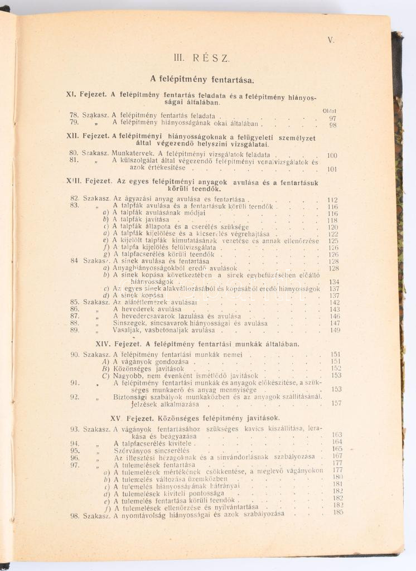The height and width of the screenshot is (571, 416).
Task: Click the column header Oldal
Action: pyautogui.click(x=329, y=111)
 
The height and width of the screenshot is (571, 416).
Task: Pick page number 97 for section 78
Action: pyautogui.click(x=332, y=118)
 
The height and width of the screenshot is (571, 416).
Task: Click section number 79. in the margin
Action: pyautogui.click(x=74, y=123)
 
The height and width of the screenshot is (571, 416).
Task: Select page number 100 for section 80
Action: pyautogui.click(x=332, y=156)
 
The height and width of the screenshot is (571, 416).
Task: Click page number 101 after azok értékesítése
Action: pyautogui.click(x=332, y=170)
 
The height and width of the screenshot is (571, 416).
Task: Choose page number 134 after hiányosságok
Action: pyautogui.click(x=334, y=282)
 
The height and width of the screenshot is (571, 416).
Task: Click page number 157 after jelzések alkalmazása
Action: pyautogui.click(x=336, y=403)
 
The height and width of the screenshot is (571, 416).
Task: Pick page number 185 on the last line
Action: pyautogui.click(x=337, y=512)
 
